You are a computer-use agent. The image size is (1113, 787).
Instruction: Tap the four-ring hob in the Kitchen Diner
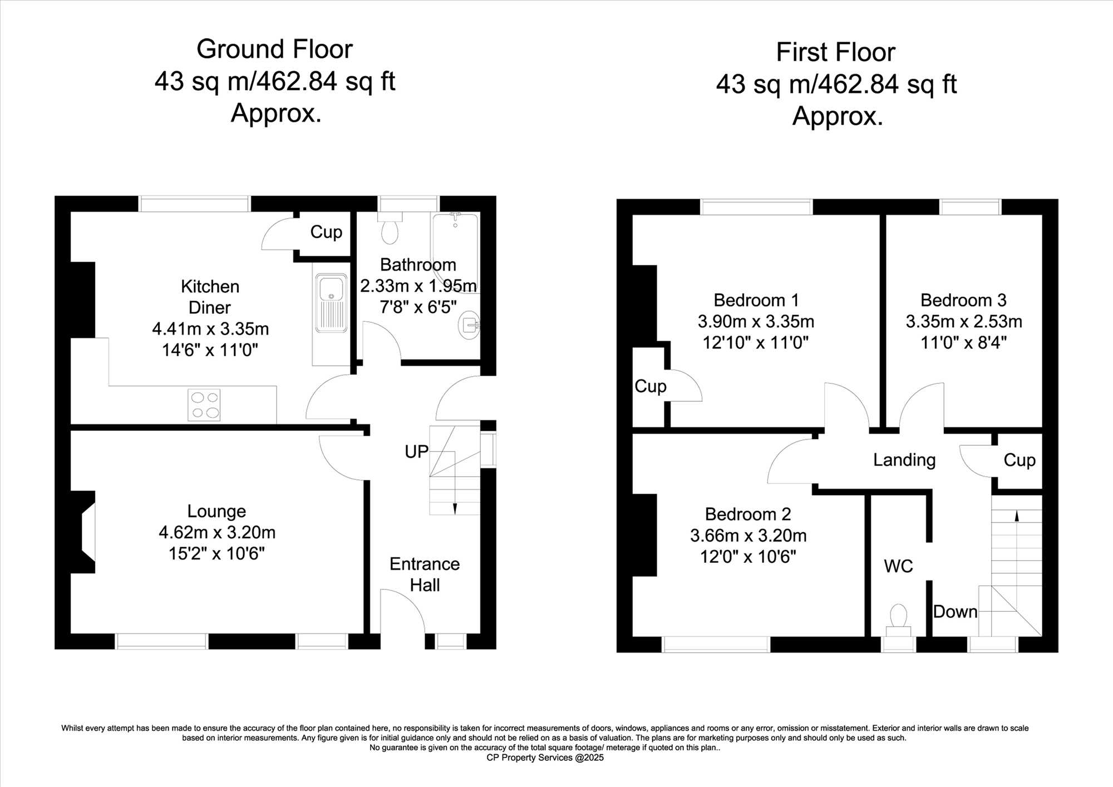204,405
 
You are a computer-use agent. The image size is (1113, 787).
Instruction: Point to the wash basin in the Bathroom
469,324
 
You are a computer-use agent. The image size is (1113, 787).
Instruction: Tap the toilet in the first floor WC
898,620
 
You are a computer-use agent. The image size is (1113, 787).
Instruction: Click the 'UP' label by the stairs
416,451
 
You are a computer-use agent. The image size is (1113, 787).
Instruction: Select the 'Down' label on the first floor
955,612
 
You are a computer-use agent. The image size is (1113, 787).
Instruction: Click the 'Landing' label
904,460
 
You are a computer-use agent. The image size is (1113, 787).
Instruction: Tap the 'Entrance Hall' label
425,574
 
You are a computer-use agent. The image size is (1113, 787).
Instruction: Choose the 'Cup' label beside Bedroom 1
651,386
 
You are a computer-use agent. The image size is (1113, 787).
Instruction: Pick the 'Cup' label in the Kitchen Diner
326,232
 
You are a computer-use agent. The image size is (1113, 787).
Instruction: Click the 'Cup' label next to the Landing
1020,460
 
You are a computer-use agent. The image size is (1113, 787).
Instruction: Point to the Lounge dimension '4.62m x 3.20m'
217,532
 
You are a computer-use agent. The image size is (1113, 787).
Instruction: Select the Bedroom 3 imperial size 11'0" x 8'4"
964,342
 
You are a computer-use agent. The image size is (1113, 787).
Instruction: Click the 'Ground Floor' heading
274,49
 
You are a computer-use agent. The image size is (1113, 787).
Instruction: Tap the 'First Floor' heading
836,52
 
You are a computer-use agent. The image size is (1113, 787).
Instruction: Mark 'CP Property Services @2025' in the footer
545,758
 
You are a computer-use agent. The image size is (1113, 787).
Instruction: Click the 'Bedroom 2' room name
748,514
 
